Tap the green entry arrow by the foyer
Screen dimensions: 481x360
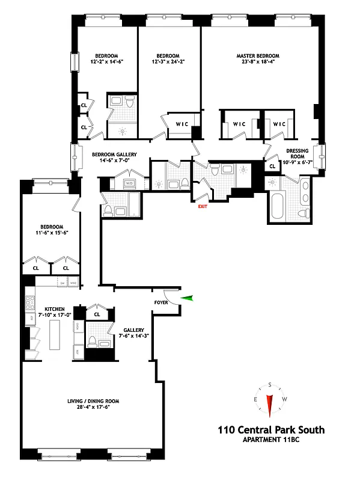point(189,298)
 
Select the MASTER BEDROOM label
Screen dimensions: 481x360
point(257,57)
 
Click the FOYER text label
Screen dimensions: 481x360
point(160,302)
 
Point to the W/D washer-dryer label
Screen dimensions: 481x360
point(129,181)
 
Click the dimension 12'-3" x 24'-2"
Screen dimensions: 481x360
point(169,62)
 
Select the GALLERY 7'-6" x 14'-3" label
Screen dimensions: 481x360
point(133,334)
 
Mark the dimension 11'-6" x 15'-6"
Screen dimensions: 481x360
point(52,232)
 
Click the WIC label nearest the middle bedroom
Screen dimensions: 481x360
point(182,124)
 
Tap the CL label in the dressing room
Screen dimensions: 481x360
point(272,166)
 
